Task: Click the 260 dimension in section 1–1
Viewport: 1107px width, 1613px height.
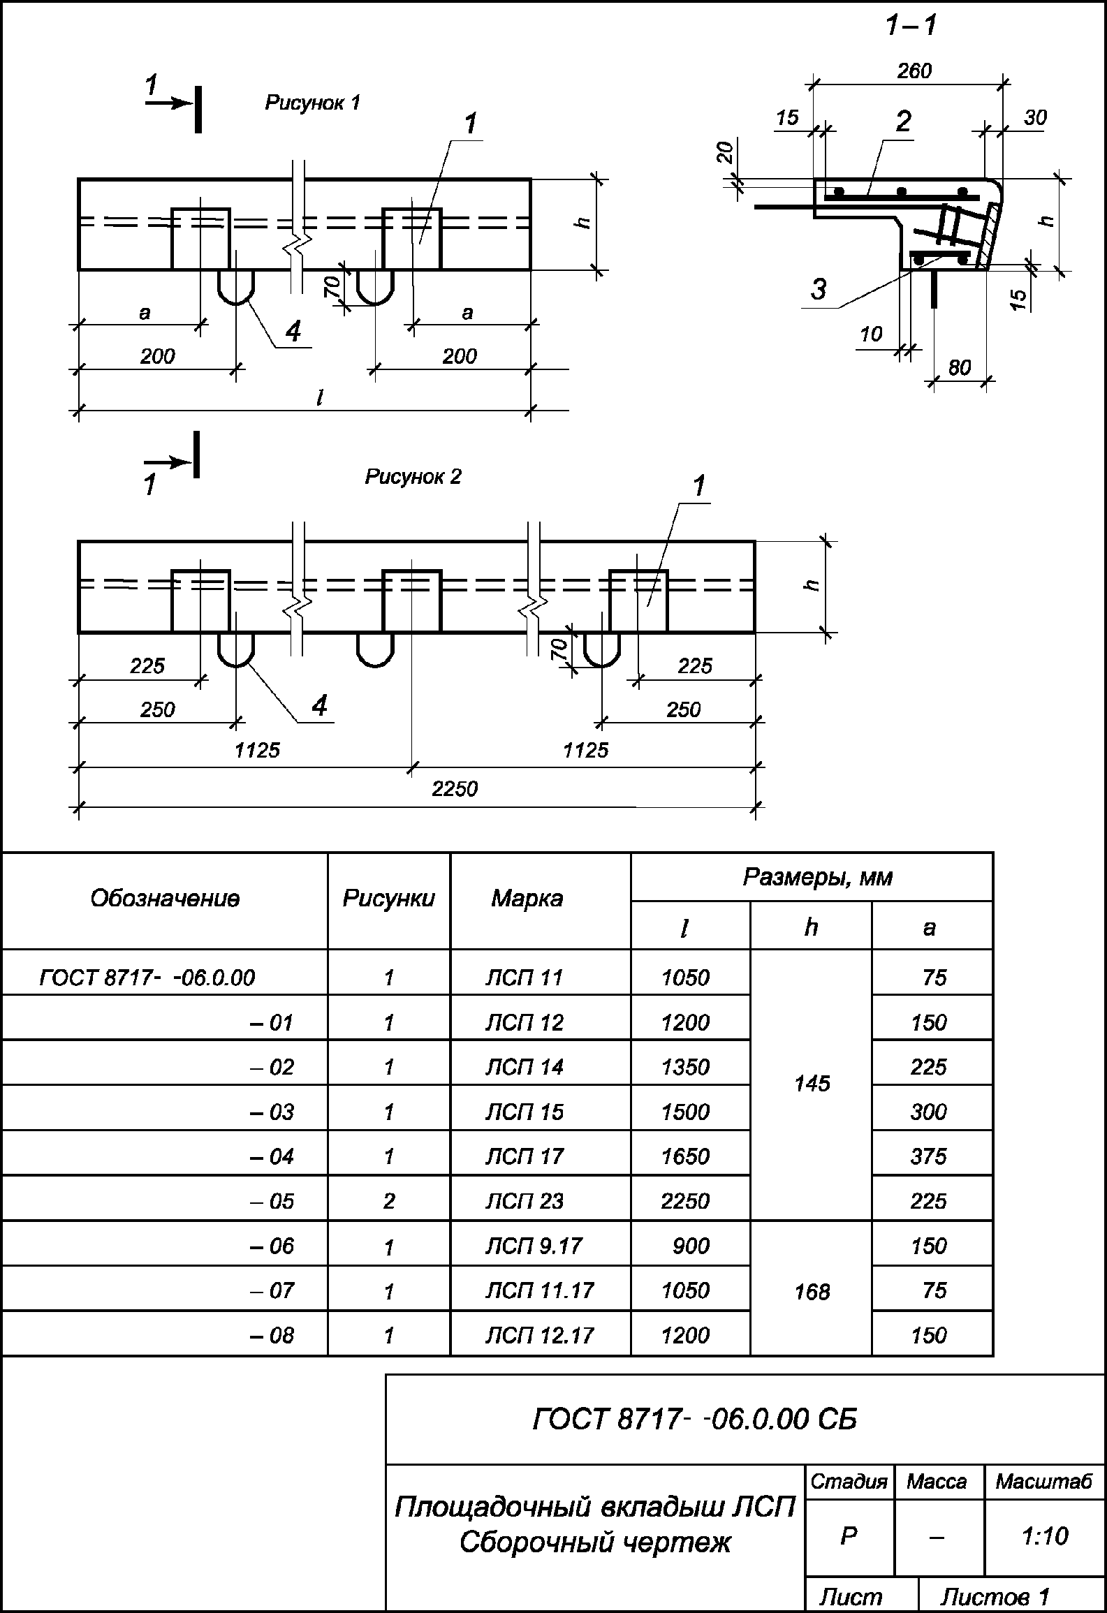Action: [914, 71]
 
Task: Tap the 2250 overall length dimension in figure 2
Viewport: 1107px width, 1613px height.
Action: [455, 789]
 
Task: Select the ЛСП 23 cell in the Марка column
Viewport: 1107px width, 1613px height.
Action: [525, 1201]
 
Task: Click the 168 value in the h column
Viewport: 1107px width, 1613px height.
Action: [812, 1292]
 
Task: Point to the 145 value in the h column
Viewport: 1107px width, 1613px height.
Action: [812, 1083]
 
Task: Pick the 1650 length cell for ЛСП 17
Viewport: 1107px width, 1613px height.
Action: [685, 1156]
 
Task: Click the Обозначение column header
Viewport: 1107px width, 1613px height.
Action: [165, 899]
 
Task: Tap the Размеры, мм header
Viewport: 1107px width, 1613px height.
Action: [817, 877]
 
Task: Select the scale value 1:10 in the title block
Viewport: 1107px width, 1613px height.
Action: [1045, 1536]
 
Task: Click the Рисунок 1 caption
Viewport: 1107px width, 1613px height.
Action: [313, 103]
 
